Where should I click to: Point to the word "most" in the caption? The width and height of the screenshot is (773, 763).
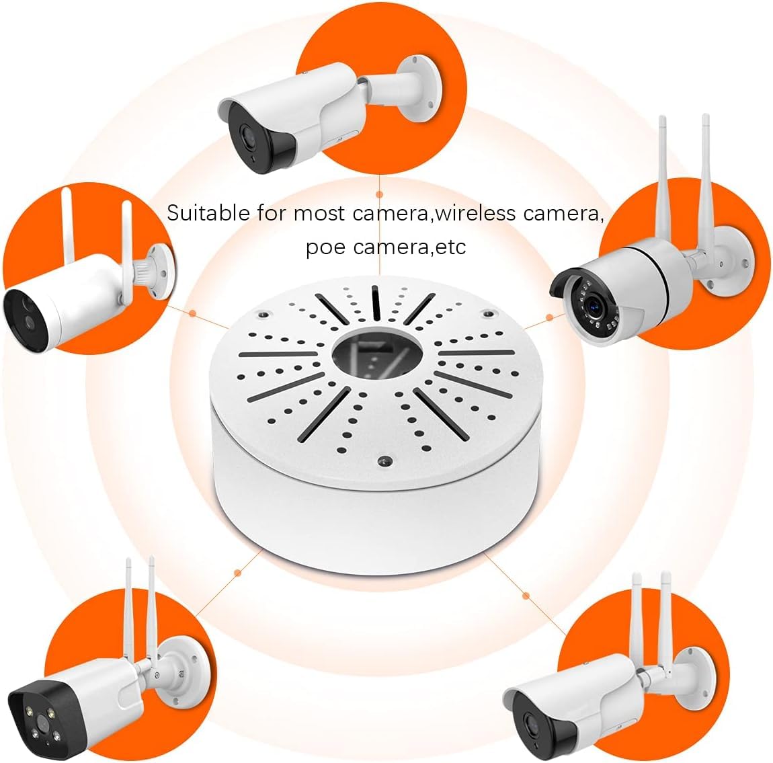point(319,213)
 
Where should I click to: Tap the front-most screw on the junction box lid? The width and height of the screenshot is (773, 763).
point(383,460)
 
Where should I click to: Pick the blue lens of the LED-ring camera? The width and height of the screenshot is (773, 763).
point(595,307)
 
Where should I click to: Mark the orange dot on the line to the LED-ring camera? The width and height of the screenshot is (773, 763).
point(550,317)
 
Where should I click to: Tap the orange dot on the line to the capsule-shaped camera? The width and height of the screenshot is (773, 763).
point(193,313)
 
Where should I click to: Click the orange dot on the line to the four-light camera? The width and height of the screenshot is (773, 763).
point(237,572)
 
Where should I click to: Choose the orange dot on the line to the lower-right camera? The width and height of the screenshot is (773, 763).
point(526,595)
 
